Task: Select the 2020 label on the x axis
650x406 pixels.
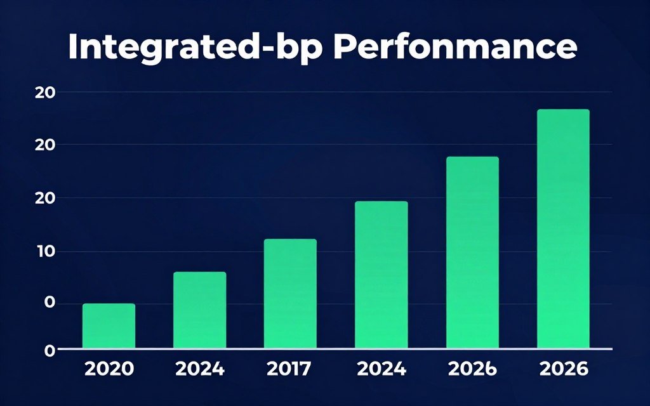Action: tap(109, 369)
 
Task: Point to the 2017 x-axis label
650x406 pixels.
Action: tap(290, 369)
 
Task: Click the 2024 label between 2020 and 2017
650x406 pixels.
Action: tap(199, 369)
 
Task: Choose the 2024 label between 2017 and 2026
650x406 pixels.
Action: tap(381, 369)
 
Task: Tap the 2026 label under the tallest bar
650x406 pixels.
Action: tap(563, 369)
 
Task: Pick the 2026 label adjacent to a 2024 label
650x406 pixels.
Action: tap(472, 369)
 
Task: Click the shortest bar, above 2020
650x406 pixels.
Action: tap(109, 326)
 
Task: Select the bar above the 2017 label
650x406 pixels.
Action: tap(290, 294)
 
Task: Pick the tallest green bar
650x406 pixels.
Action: tap(563, 228)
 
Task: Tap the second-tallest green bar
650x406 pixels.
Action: tap(472, 252)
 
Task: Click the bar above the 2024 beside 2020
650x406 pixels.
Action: tap(199, 310)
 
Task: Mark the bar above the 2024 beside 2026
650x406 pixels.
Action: tap(381, 275)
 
